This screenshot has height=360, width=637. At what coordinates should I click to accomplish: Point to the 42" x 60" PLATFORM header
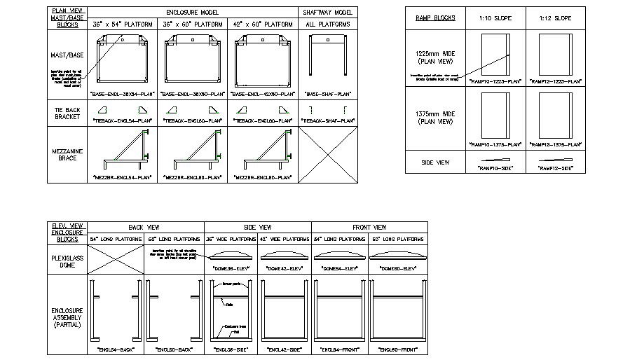(x=263, y=25)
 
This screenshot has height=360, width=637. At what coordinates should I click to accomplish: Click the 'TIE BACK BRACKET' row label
(x=68, y=113)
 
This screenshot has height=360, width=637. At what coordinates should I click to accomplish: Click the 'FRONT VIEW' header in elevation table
(x=369, y=227)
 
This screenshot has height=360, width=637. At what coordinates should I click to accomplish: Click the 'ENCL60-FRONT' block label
(x=397, y=349)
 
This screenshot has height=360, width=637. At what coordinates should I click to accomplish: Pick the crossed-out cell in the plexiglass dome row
(x=116, y=258)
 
